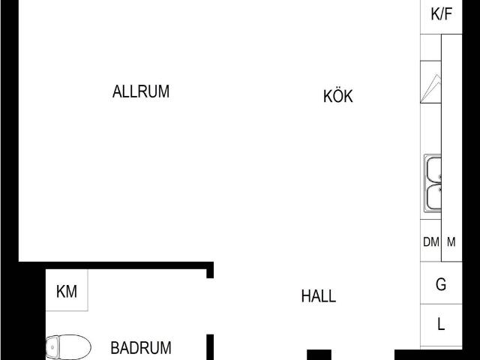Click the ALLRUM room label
tap(141, 91)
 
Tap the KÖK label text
tap(338, 96)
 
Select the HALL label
tap(318, 296)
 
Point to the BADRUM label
tap(141, 348)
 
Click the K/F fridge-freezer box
tap(441, 16)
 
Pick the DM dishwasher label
tap(431, 241)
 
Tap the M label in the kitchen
tap(451, 241)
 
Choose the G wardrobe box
tap(441, 283)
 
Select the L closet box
tap(441, 325)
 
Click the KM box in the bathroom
tap(67, 290)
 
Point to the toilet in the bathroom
tap(68, 347)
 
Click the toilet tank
tap(52, 347)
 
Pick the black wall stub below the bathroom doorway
tap(210, 347)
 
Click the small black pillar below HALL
tap(319, 355)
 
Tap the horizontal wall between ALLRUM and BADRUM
tap(116, 265)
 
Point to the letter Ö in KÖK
tap(337, 95)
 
